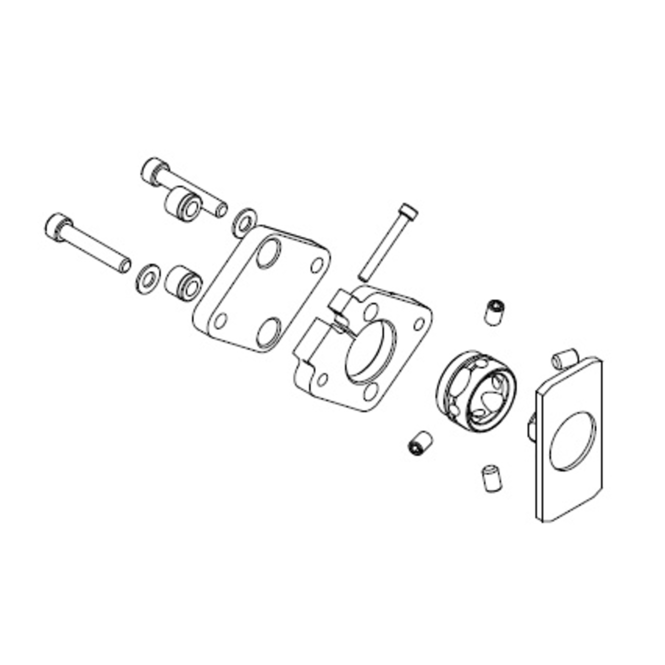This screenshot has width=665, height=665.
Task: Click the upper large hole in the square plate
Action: [268, 252]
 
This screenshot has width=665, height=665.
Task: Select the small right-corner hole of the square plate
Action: [317, 265]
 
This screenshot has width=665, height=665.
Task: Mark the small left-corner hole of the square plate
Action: [220, 320]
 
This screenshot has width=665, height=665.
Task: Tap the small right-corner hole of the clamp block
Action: [419, 323]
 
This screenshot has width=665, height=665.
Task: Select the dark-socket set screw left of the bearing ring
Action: [419, 443]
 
